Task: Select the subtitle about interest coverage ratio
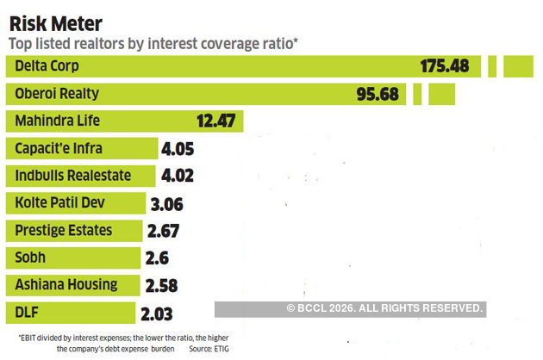pyautogui.click(x=153, y=44)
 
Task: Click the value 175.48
pyautogui.click(x=449, y=66)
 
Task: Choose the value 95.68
pyautogui.click(x=380, y=93)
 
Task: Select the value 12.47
pyautogui.click(x=215, y=121)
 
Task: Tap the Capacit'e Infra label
pyautogui.click(x=59, y=148)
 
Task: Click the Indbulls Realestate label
pyautogui.click(x=73, y=175)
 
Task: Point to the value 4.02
pyautogui.click(x=177, y=176)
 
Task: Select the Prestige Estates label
pyautogui.click(x=63, y=230)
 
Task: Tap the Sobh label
pyautogui.click(x=30, y=258)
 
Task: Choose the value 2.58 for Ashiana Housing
pyautogui.click(x=165, y=285)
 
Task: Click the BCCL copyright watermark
pyautogui.click(x=385, y=308)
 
